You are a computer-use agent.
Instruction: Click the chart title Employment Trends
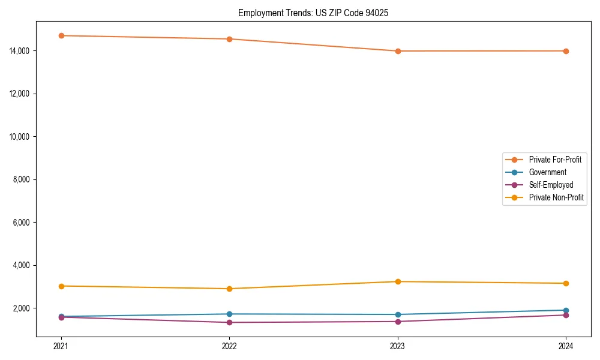[313, 13]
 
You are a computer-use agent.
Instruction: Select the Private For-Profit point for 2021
[61, 35]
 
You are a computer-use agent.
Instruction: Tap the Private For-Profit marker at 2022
[229, 39]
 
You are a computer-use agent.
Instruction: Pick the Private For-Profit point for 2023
[398, 51]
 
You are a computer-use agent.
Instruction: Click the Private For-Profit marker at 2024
[566, 51]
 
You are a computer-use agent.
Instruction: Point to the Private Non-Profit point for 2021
[61, 286]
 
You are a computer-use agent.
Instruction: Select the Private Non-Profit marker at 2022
[229, 289]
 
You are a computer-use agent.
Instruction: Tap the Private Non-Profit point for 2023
[398, 281]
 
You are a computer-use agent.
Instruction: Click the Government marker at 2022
[229, 314]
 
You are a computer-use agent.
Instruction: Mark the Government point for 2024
[566, 310]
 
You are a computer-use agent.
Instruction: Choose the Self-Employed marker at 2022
[229, 322]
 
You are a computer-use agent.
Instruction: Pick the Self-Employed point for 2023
[398, 322]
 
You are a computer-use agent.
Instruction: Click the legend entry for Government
[547, 172]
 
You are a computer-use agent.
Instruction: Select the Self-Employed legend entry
[551, 185]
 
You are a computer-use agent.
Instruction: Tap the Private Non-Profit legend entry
[556, 197]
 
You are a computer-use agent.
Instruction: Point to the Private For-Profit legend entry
[555, 160]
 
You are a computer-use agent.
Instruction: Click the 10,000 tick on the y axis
[20, 137]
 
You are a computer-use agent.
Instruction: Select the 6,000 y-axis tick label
[22, 223]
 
